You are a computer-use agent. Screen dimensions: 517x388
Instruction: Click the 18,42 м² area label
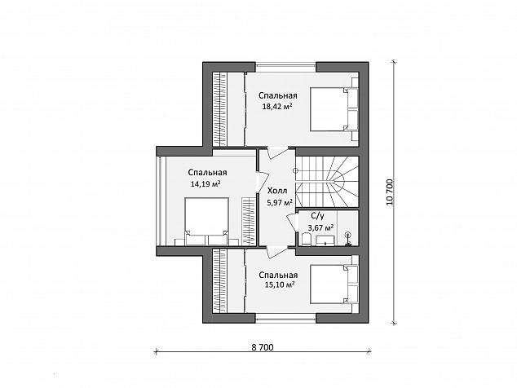tap(277, 107)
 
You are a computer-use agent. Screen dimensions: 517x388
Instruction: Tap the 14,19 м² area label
tap(205, 183)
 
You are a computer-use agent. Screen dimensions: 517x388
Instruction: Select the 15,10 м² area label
tap(280, 284)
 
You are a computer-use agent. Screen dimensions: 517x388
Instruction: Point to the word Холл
tap(277, 191)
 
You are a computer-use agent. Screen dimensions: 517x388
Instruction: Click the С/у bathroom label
tap(317, 216)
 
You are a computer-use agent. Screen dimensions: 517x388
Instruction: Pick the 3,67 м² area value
tap(320, 227)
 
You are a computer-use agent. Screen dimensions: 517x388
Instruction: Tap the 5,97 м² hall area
tap(280, 202)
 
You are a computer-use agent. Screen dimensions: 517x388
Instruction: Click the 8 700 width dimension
tap(263, 347)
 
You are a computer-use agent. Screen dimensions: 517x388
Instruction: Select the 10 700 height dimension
tap(390, 192)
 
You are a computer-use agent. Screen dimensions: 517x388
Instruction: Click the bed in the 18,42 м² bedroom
tap(334, 109)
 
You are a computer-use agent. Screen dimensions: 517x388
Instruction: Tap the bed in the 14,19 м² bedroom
tap(207, 221)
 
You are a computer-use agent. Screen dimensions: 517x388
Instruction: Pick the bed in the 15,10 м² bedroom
tap(334, 284)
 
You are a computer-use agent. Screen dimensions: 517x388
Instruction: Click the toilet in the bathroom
tap(305, 239)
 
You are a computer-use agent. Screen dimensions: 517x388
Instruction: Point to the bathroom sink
tap(325, 240)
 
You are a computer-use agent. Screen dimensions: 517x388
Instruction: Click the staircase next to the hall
tap(327, 182)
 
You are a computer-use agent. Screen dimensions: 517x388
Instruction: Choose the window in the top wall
tap(286, 68)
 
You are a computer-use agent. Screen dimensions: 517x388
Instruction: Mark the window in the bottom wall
tap(286, 318)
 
